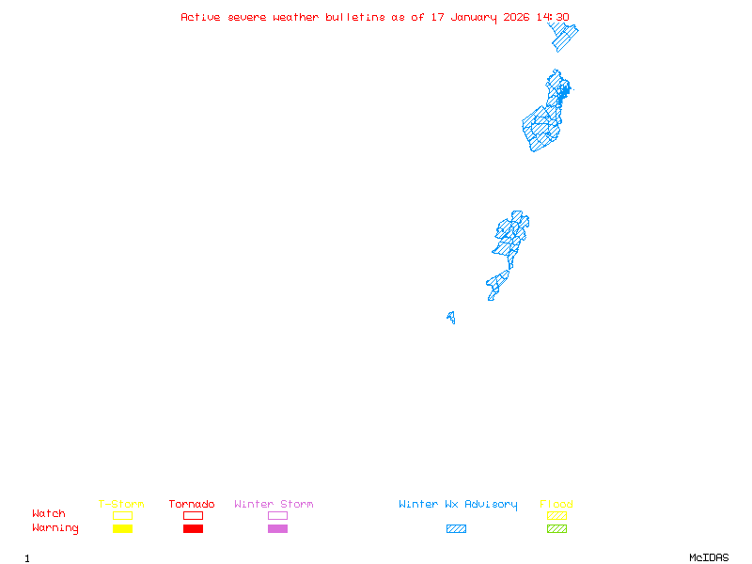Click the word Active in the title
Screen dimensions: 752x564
tap(201, 17)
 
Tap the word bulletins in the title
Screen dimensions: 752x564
tap(355, 17)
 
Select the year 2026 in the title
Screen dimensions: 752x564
tap(517, 17)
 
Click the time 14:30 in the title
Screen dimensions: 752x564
tap(553, 17)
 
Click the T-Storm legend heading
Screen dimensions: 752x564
tap(121, 505)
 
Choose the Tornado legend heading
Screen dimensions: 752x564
tap(192, 505)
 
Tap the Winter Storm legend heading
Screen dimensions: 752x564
tap(274, 505)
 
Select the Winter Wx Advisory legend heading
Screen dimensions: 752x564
tap(458, 505)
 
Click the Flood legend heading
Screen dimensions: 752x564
tap(556, 505)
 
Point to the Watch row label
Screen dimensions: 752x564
tap(49, 514)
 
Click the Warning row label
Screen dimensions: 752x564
tap(55, 528)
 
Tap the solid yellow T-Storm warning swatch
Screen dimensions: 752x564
tap(122, 529)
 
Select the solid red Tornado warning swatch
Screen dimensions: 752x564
tap(193, 529)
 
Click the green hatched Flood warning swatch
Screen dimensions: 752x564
tap(556, 529)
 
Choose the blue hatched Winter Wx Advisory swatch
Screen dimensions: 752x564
tap(456, 529)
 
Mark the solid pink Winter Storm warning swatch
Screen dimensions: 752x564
tap(277, 529)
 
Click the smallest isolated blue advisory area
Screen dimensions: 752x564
tap(451, 318)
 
